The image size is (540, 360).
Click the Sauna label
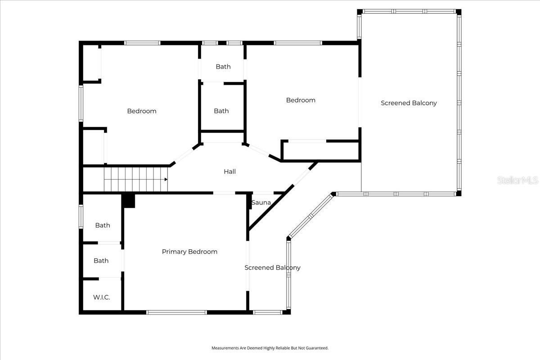point(261,202)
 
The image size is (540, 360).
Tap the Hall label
point(229,171)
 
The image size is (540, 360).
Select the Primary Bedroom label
point(189,252)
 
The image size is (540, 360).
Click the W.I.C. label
point(101,297)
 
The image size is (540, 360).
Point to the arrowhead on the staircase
point(166,179)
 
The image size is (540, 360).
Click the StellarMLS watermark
point(517,180)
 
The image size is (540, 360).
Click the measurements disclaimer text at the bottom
point(270,348)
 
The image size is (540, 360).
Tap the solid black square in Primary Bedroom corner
point(129,201)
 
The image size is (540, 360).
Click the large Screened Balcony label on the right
point(409,103)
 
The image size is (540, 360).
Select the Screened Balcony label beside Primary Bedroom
point(272,268)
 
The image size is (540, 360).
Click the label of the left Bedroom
point(141,111)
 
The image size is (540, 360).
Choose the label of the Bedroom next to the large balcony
point(301,100)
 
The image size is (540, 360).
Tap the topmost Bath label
point(223,67)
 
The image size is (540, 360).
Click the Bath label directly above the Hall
point(221,111)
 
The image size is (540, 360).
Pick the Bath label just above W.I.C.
point(101,261)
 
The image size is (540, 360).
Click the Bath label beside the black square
point(102,225)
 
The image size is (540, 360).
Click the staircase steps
point(135,179)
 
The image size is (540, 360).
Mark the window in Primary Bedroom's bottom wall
point(176,312)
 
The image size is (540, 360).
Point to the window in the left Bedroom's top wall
point(142,43)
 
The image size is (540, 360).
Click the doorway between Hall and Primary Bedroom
point(224,193)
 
